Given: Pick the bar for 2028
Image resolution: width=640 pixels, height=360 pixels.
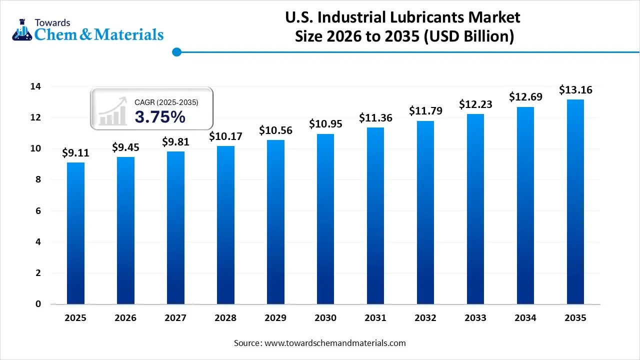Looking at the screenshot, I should coord(225,225).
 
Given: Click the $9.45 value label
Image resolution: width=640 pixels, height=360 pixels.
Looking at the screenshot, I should coord(125,147).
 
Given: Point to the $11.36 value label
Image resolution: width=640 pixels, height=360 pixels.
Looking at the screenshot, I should coord(375,118).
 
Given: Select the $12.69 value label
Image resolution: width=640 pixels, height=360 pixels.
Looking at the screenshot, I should coord(525,96).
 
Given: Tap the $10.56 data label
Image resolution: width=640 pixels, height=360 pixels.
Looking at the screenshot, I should coord(275,130).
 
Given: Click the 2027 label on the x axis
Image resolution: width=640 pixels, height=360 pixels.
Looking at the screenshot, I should coord(175,318).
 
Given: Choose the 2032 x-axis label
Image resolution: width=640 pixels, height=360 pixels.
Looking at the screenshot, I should coord(425,318).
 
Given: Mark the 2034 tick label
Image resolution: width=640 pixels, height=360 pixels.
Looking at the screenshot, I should coord(525,318).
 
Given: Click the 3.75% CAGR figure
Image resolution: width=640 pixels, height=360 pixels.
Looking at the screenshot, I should coord(160,117).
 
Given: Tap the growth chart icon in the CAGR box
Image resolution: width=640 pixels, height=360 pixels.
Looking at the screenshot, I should coord(112,111).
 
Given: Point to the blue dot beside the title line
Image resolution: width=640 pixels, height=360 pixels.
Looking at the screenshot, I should coord(176,52).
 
